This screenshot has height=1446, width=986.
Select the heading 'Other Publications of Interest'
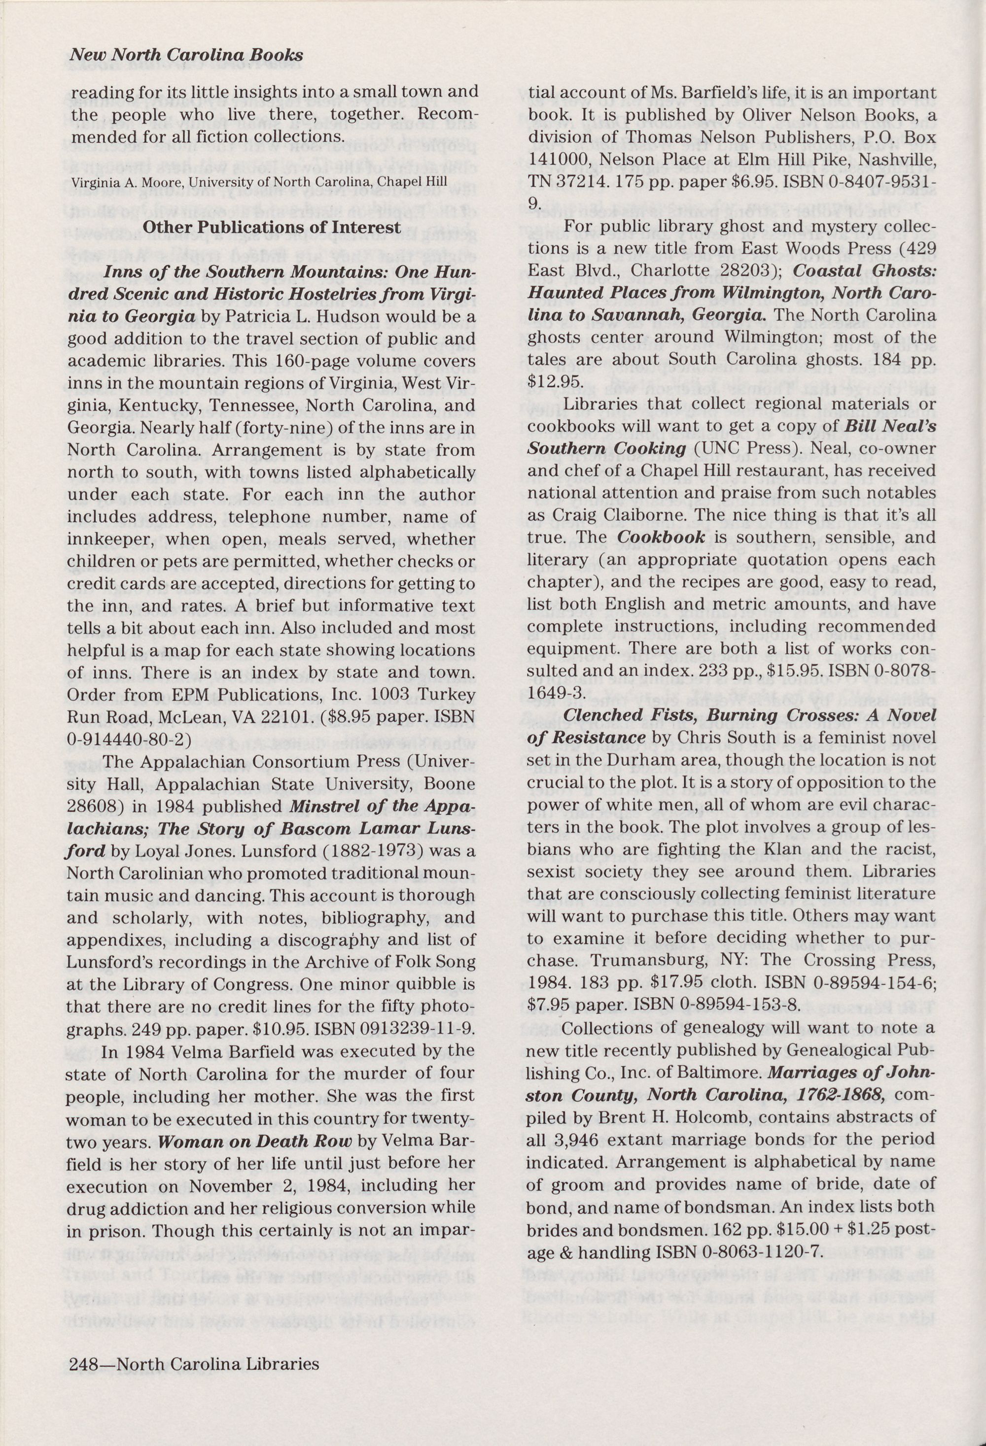272,227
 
